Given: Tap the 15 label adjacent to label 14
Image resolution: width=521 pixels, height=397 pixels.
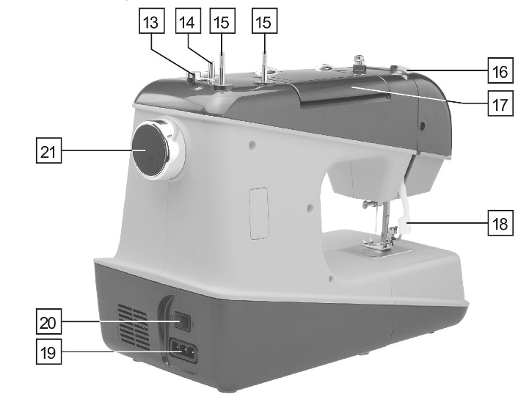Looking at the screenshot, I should pyautogui.click(x=219, y=23).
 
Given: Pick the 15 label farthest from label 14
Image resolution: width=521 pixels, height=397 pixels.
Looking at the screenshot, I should pyautogui.click(x=262, y=23).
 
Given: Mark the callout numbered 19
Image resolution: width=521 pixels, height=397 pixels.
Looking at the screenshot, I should pyautogui.click(x=48, y=352).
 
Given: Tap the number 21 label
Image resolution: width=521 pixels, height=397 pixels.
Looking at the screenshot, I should pyautogui.click(x=48, y=153).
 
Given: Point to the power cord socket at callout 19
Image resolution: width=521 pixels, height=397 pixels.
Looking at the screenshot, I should pyautogui.click(x=184, y=351).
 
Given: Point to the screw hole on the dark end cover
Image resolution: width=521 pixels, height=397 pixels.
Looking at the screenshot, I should pyautogui.click(x=423, y=125).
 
